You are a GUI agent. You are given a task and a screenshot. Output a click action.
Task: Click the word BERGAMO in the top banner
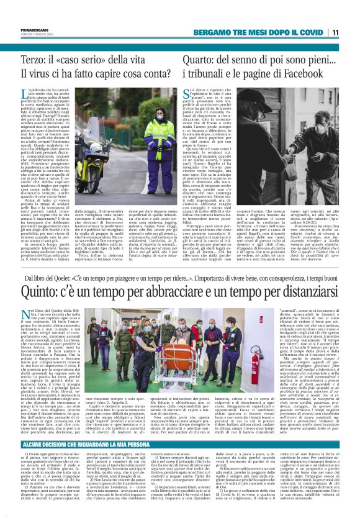tap(215, 32)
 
